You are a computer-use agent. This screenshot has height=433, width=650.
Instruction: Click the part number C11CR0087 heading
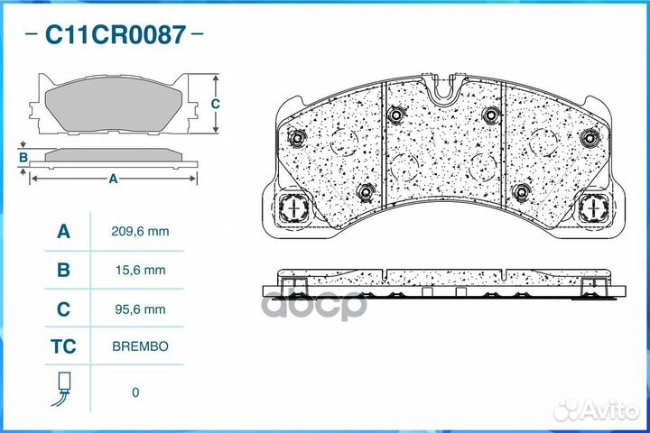[115, 34]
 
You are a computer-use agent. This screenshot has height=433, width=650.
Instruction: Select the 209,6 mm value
[140, 231]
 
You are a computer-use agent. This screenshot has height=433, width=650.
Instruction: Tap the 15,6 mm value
[140, 270]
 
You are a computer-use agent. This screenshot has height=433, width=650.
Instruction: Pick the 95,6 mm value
[140, 309]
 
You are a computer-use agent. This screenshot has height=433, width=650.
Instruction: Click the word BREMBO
[140, 346]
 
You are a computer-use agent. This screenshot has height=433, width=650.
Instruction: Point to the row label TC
[63, 346]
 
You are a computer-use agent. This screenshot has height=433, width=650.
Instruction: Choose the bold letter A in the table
[63, 231]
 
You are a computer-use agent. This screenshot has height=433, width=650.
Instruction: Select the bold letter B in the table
[63, 270]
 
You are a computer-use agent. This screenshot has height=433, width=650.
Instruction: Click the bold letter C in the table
[63, 309]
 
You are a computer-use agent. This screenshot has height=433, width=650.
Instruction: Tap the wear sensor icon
[62, 389]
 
